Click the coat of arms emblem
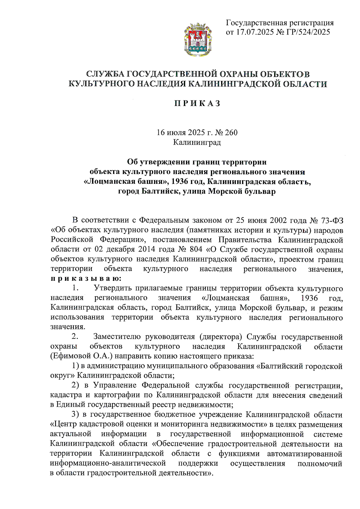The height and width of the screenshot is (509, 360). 198,39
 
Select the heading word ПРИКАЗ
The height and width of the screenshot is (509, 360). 198,103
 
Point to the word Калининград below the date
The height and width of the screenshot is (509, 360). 197,142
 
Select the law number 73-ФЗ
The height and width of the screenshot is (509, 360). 332,220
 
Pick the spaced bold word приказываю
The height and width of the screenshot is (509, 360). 86,278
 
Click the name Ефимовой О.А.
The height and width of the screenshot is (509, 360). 81,356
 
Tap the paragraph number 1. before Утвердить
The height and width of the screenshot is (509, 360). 75,288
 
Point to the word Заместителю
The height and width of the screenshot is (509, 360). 117,337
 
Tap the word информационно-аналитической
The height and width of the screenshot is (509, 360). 108,463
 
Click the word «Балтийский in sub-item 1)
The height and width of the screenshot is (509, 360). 279,366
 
